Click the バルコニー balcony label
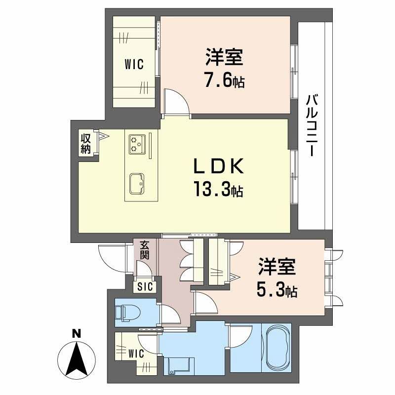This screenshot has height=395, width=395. [x=312, y=125]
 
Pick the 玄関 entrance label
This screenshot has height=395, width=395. [x=144, y=250]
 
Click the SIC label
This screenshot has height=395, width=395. [x=145, y=286]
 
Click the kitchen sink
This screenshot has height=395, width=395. [x=137, y=183]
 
